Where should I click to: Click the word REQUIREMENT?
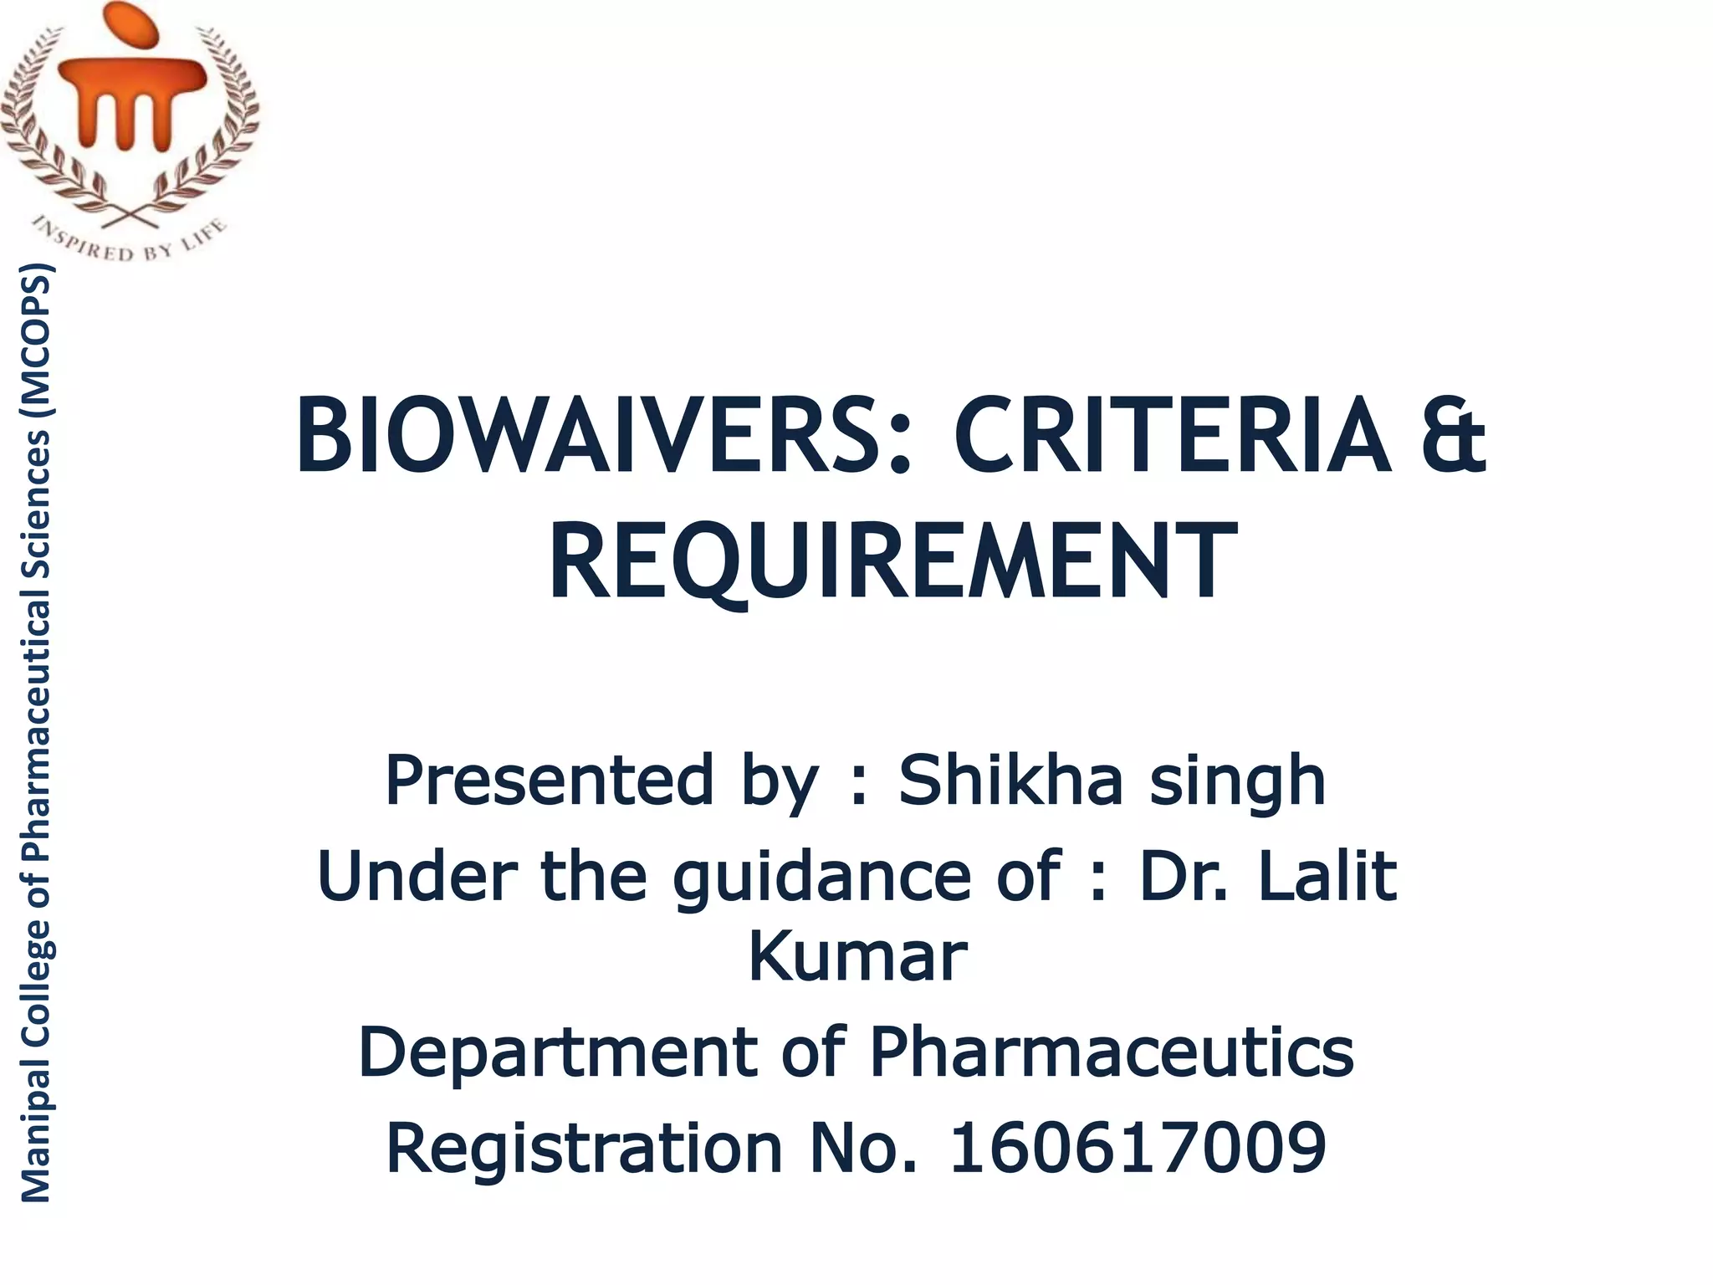click(892, 561)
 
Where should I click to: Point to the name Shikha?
click(1010, 781)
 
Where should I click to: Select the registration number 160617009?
click(1138, 1148)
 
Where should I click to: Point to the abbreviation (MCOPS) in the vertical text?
click(35, 334)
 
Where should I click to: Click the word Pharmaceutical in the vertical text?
click(35, 732)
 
